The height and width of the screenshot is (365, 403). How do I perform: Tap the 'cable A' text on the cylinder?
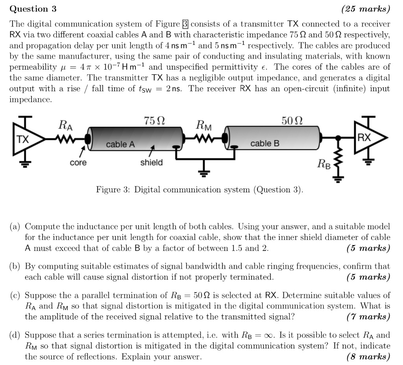click(x=120, y=144)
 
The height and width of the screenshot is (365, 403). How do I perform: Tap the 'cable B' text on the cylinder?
click(x=265, y=144)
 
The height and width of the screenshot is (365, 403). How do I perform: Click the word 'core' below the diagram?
click(x=78, y=162)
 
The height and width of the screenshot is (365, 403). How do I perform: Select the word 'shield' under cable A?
click(x=152, y=162)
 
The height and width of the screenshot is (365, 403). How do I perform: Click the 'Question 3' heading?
click(x=33, y=8)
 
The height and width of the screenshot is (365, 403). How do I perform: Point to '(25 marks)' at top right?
click(x=366, y=8)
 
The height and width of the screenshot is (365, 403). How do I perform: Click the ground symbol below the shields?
click(x=205, y=170)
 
